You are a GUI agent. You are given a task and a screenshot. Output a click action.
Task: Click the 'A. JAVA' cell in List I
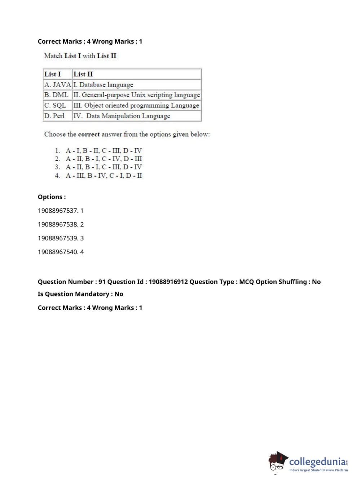(x=58, y=85)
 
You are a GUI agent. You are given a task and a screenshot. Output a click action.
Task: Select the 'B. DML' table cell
(x=56, y=95)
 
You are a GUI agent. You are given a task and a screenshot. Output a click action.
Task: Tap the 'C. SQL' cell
(x=55, y=105)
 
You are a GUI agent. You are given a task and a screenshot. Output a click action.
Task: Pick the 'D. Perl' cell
(x=54, y=116)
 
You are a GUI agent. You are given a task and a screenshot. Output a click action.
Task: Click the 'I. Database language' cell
(x=104, y=85)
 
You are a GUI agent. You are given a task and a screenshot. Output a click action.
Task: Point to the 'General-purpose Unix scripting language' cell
(x=137, y=95)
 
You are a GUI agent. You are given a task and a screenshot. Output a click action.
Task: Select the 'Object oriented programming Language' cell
(x=136, y=105)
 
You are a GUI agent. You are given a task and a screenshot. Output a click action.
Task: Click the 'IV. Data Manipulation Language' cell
(x=122, y=116)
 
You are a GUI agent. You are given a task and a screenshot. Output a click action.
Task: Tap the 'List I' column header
(x=53, y=74)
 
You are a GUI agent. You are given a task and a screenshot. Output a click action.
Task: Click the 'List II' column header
(x=83, y=74)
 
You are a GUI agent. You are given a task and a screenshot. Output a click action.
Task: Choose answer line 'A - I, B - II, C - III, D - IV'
(x=104, y=150)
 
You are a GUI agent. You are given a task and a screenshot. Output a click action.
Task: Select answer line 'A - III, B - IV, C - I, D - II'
(x=104, y=176)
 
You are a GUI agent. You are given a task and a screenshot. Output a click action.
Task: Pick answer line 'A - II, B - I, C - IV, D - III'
(x=104, y=159)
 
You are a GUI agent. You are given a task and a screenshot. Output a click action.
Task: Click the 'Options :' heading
(x=52, y=197)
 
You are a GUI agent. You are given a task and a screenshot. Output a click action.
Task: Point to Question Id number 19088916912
(x=168, y=282)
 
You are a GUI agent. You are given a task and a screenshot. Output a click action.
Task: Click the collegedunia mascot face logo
(x=277, y=462)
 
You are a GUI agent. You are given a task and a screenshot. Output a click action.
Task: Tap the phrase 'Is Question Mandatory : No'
(x=80, y=294)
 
